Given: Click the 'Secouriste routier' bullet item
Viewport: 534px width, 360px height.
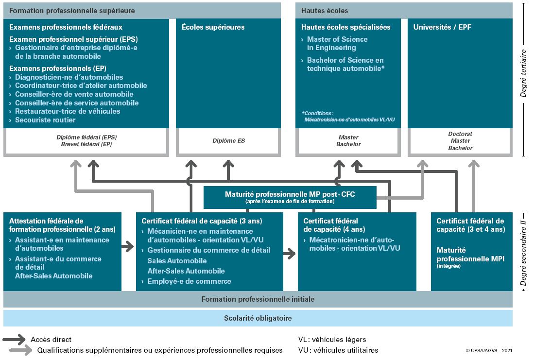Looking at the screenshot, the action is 45,120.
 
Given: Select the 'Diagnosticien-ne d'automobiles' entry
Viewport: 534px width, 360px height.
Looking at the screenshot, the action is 69,77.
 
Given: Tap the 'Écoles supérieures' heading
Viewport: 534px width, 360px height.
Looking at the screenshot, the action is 213,27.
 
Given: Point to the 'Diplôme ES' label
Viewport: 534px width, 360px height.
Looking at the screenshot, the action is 228,141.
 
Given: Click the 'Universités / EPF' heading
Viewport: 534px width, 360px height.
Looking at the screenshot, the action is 442,27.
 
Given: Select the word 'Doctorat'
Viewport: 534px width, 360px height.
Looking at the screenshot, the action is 460,134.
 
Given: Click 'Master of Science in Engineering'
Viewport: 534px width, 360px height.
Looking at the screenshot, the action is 337,44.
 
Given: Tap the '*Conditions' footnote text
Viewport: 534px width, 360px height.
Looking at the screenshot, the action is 317,113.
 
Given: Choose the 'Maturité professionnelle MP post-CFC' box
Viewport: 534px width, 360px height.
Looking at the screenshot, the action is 290,197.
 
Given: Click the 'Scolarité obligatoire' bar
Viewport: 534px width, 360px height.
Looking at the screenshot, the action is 258,318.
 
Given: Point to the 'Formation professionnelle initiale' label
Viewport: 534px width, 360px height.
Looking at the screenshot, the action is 258,299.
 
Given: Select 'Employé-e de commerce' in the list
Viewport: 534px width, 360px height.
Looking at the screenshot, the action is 189,281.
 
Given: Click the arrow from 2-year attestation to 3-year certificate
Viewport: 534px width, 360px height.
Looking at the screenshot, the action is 128,246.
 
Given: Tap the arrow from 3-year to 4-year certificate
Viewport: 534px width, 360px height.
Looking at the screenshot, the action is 290,254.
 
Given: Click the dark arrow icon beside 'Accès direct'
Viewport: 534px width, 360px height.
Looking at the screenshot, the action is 14,339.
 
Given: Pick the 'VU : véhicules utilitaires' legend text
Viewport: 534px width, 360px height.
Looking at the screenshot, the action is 338,350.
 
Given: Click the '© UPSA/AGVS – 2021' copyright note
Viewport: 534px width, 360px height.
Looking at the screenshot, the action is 489,350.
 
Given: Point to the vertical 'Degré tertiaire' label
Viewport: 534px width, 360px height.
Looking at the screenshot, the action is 523,73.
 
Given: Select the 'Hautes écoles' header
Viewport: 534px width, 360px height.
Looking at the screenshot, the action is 325,11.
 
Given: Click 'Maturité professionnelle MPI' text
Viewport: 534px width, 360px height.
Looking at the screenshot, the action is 470,255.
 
